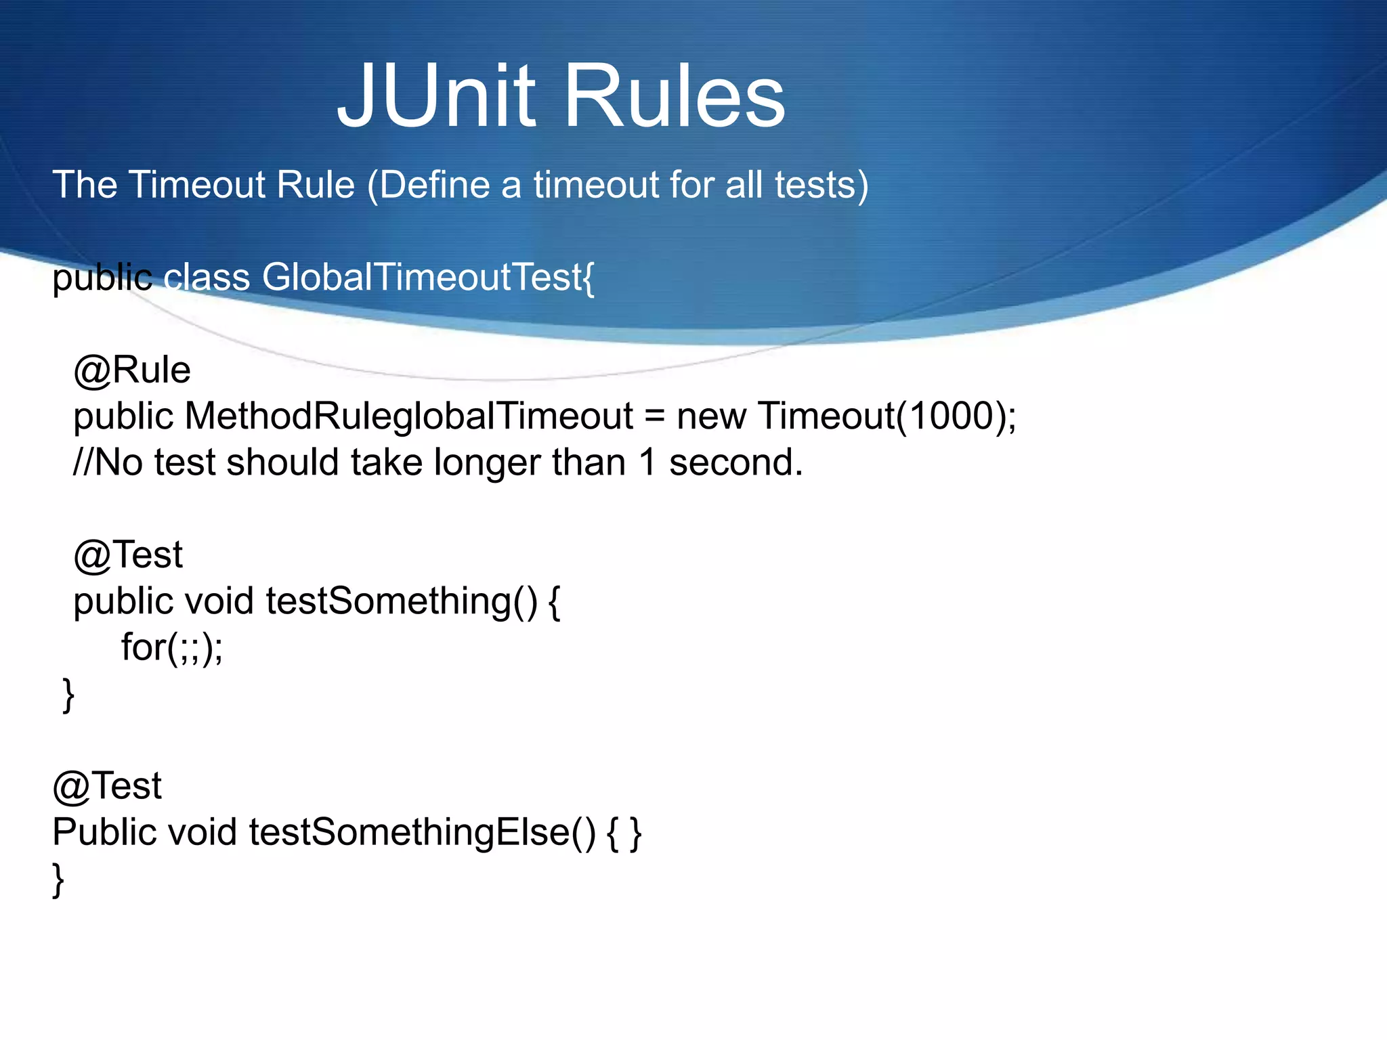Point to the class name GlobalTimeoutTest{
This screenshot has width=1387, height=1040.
(428, 277)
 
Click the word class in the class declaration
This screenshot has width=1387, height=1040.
(207, 277)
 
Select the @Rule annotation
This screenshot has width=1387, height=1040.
(132, 370)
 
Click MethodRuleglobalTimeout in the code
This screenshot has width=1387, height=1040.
(409, 416)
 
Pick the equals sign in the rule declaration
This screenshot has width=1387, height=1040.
(654, 417)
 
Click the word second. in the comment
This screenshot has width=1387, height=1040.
(736, 462)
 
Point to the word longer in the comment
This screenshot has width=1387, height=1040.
(487, 464)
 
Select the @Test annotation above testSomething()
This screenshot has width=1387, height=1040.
(128, 555)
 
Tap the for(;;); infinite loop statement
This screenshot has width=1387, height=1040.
(172, 647)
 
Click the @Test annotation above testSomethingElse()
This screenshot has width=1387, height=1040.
(107, 786)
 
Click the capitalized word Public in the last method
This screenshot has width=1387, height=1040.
(104, 832)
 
